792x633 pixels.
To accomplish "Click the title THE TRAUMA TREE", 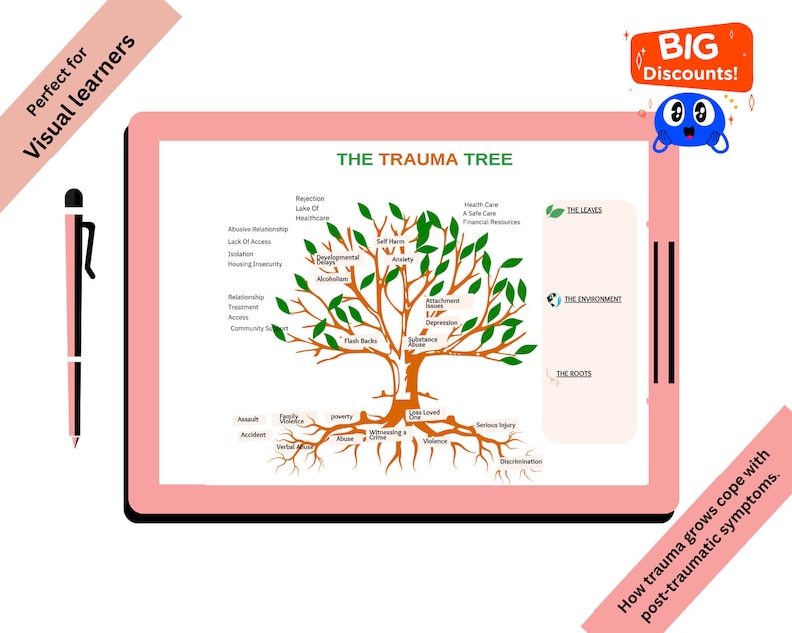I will (x=424, y=159).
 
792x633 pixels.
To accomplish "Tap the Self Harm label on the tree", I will (x=390, y=242).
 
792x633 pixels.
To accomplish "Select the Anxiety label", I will (x=402, y=259).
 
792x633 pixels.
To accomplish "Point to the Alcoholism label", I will (x=332, y=280).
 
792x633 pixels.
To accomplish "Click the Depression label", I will (x=441, y=323).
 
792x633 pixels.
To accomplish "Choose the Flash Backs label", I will (x=360, y=341).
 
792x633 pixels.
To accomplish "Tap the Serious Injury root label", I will (x=496, y=426).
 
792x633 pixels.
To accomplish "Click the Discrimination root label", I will (x=521, y=462).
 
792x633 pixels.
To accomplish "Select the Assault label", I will (x=248, y=420).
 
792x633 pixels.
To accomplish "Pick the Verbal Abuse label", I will (x=295, y=447).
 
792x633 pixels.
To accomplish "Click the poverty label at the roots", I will (x=342, y=417).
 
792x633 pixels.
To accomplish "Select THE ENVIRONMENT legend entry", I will (x=593, y=299).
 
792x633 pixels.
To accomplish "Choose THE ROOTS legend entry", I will (x=574, y=374).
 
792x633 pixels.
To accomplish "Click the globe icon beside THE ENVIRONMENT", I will (x=554, y=300).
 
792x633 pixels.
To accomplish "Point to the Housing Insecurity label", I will (x=254, y=265).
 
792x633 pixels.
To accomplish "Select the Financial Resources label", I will (x=491, y=222).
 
